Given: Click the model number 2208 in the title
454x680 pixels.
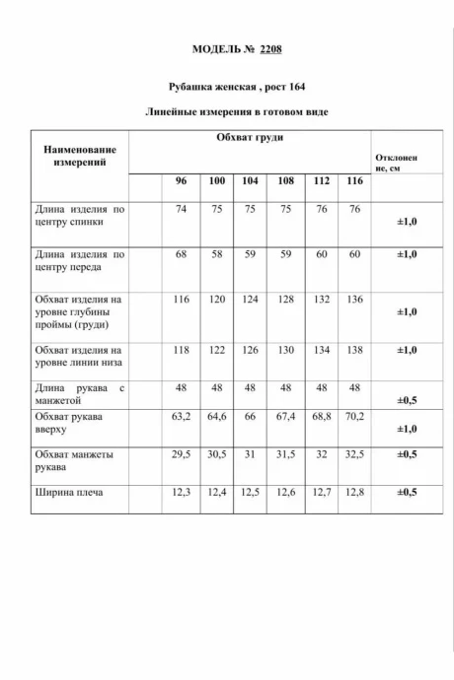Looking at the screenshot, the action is click(x=272, y=48).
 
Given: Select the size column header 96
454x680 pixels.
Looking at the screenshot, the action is click(x=181, y=181).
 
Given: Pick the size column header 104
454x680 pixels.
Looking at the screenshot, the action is click(x=251, y=181).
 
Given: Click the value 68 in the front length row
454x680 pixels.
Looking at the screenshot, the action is click(x=181, y=254).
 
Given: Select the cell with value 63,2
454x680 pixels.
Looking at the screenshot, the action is click(x=181, y=417).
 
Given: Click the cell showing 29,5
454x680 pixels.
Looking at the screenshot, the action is click(x=181, y=454).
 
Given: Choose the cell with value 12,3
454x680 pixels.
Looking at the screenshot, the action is click(x=181, y=491).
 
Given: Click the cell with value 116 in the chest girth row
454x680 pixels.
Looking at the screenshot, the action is click(x=181, y=299).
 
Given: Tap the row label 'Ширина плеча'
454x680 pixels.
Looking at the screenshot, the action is click(x=68, y=491).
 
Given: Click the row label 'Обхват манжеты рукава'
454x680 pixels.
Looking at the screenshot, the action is click(x=73, y=461).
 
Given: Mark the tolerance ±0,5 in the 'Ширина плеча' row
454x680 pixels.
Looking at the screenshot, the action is click(x=406, y=491).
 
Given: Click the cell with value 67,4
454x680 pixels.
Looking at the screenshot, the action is click(x=286, y=417).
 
